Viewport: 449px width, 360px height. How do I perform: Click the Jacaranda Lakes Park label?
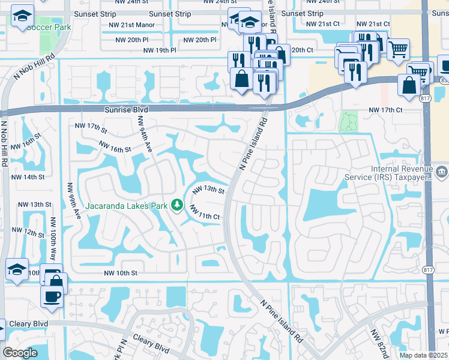[125, 206]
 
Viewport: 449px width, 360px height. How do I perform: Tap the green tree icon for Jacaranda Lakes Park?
[177, 206]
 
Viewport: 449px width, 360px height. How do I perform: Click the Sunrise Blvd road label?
[125, 110]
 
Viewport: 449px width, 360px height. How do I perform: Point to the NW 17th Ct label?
[385, 110]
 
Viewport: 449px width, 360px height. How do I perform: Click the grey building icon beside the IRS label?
[442, 173]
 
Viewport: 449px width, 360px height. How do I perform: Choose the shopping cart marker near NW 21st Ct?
[399, 49]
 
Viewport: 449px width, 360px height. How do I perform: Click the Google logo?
[19, 353]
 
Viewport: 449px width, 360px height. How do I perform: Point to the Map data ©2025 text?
[423, 355]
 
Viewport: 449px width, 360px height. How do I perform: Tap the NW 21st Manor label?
[141, 25]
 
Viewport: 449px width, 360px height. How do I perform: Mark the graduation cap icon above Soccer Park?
[23, 17]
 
